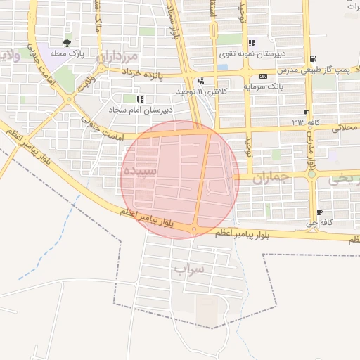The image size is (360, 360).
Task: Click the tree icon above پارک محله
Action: tap(67, 43)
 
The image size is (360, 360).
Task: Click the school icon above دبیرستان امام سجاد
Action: tap(139, 99)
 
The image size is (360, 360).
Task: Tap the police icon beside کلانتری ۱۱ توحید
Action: tap(201, 81)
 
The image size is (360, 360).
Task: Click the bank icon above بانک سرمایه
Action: tap(263, 76)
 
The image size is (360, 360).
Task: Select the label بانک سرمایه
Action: tap(262, 86)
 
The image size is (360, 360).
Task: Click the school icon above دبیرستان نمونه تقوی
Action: tap(252, 43)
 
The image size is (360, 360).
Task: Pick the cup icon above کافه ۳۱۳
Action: tap(306, 112)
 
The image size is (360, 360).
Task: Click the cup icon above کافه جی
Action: tap(320, 212)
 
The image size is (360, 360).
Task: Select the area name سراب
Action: tap(188, 269)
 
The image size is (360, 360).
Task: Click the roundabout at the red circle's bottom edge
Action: tap(194, 229)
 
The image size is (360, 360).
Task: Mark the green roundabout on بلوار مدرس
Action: tap(311, 174)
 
